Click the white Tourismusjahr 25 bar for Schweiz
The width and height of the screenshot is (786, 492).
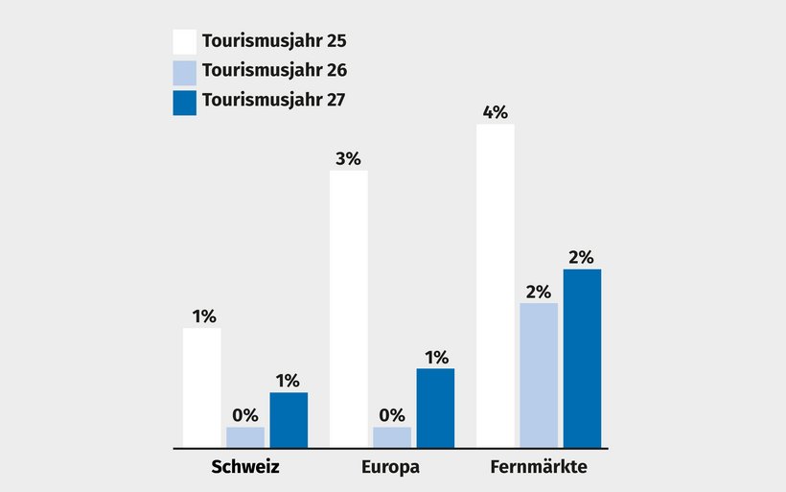pos(202,387)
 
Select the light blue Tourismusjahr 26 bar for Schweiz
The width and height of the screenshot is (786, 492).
pos(245,437)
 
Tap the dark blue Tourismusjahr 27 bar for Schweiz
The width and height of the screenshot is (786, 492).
pos(289,420)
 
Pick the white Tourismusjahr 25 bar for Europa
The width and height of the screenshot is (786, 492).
pos(349,309)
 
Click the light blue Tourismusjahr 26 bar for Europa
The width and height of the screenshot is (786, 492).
pos(392,437)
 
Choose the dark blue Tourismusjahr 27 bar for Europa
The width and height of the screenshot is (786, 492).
pos(435,408)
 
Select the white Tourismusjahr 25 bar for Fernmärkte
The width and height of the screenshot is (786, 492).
pos(496,286)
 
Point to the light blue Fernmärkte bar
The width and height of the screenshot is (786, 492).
pos(539,375)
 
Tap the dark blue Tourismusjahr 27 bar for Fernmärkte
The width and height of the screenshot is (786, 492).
pos(582,358)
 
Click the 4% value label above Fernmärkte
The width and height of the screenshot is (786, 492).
pos(496,112)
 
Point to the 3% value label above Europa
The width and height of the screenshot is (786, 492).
pos(349,159)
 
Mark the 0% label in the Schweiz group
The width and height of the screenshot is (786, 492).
pos(245,415)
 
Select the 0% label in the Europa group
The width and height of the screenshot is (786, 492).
pos(392,415)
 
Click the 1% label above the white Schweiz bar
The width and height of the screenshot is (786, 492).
pos(203,316)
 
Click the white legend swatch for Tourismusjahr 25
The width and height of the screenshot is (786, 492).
pos(184,41)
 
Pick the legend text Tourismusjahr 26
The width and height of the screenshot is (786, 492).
pos(274,70)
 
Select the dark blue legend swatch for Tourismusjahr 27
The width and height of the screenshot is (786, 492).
pos(184,103)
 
